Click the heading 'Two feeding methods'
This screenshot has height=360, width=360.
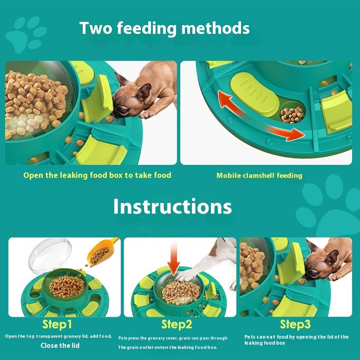point(164,28)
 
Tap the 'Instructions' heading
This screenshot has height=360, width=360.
point(172,207)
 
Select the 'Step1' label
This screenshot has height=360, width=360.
point(57,324)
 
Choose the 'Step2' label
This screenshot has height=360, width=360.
point(176,324)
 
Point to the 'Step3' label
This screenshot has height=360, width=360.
point(295,324)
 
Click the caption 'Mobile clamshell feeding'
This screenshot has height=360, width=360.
point(259,175)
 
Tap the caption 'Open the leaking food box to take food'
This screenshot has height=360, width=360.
point(97,175)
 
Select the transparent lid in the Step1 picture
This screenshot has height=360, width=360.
point(50,255)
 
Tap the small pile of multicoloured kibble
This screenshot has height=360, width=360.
point(292,115)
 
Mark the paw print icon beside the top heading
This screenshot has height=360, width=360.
point(26,34)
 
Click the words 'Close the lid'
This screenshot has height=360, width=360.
point(60,346)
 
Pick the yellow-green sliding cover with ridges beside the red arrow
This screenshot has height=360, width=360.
point(254,94)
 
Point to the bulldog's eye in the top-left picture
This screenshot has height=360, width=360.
point(123,110)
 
